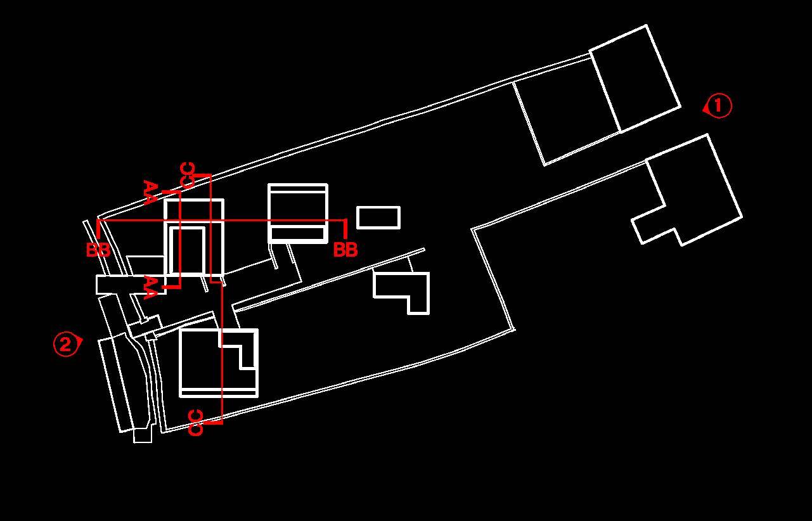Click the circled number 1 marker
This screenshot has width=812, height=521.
click(x=718, y=106)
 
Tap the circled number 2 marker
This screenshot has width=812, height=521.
click(x=65, y=344)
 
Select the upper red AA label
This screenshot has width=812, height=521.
click(x=150, y=192)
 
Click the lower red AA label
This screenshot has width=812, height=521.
click(x=150, y=286)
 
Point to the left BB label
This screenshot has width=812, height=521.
click(x=98, y=250)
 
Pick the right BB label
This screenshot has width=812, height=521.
click(x=345, y=250)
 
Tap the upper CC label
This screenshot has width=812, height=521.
click(x=188, y=175)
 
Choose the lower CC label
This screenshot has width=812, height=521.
click(x=197, y=423)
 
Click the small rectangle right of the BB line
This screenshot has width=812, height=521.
click(x=378, y=217)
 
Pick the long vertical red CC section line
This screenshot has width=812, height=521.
click(x=222, y=355)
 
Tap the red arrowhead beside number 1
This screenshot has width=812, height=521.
click(x=706, y=109)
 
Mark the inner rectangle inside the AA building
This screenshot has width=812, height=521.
click(x=188, y=250)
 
